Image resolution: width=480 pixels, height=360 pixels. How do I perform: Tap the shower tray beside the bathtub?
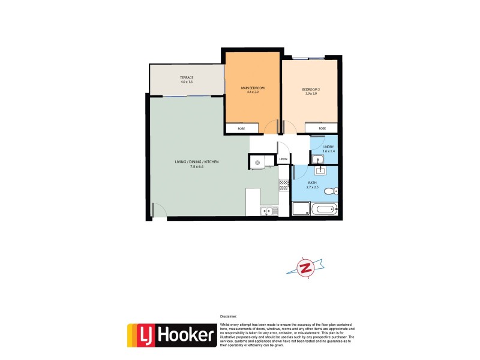tap(300, 209)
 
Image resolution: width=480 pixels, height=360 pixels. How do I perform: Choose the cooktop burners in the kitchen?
tap(283, 185)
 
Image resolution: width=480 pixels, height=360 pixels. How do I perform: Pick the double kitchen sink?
tap(268, 211)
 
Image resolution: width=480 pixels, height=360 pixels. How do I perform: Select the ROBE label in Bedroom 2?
tap(322, 128)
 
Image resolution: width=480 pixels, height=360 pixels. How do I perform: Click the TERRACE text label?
tap(187, 77)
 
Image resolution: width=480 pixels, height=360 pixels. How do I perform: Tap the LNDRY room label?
tap(328, 147)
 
